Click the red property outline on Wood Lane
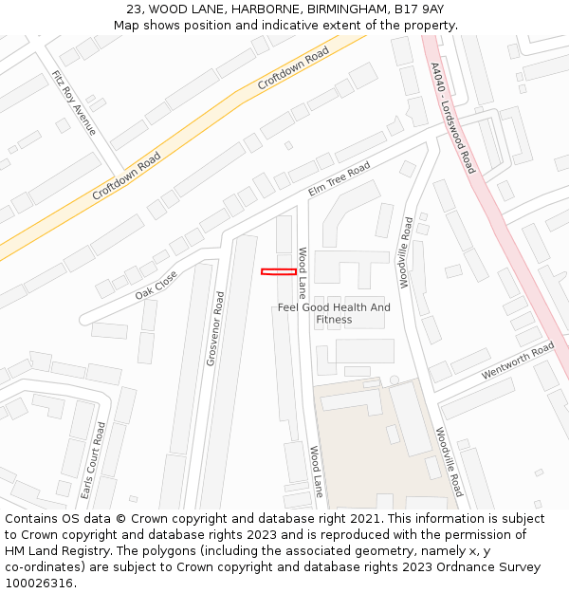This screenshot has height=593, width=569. pyautogui.click(x=278, y=272)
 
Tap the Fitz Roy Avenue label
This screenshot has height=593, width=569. pyautogui.click(x=74, y=102)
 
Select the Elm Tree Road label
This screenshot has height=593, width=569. pyautogui.click(x=339, y=180)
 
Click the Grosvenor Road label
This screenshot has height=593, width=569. pyautogui.click(x=215, y=328)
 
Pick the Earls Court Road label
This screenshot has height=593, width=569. pyautogui.click(x=93, y=461)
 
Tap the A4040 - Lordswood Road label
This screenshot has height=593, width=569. pyautogui.click(x=451, y=118)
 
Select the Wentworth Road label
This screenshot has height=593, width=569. pyautogui.click(x=517, y=361)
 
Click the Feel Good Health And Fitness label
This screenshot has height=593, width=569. pyautogui.click(x=334, y=313)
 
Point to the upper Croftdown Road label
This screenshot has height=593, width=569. pyautogui.click(x=293, y=68)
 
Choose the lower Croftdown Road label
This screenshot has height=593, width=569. pyautogui.click(x=126, y=176)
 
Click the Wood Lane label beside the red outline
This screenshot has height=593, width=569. pyautogui.click(x=303, y=272)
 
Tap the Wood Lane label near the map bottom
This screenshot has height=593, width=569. pyautogui.click(x=316, y=472)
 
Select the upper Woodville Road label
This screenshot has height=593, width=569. pyautogui.click(x=405, y=251)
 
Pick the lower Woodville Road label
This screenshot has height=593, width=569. pyautogui.click(x=450, y=462)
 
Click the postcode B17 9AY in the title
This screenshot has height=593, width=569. pyautogui.click(x=420, y=9)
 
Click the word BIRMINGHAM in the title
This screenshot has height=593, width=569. pyautogui.click(x=328, y=9)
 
